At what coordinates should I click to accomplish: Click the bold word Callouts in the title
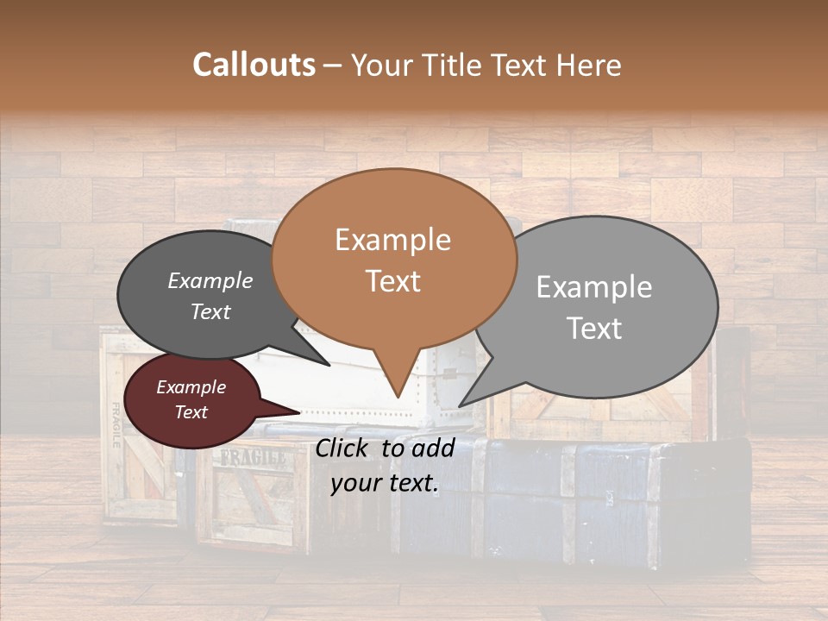coord(254,65)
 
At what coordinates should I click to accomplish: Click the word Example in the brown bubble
coord(392,240)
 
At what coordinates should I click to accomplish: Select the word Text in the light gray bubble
coord(595,329)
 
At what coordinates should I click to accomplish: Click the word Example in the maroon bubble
coord(191,387)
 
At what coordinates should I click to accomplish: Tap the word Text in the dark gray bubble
coord(210,312)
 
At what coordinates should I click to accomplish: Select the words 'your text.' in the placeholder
coord(385,483)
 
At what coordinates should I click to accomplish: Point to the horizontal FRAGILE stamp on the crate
coord(253,458)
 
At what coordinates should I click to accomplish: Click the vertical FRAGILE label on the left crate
coord(116,426)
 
